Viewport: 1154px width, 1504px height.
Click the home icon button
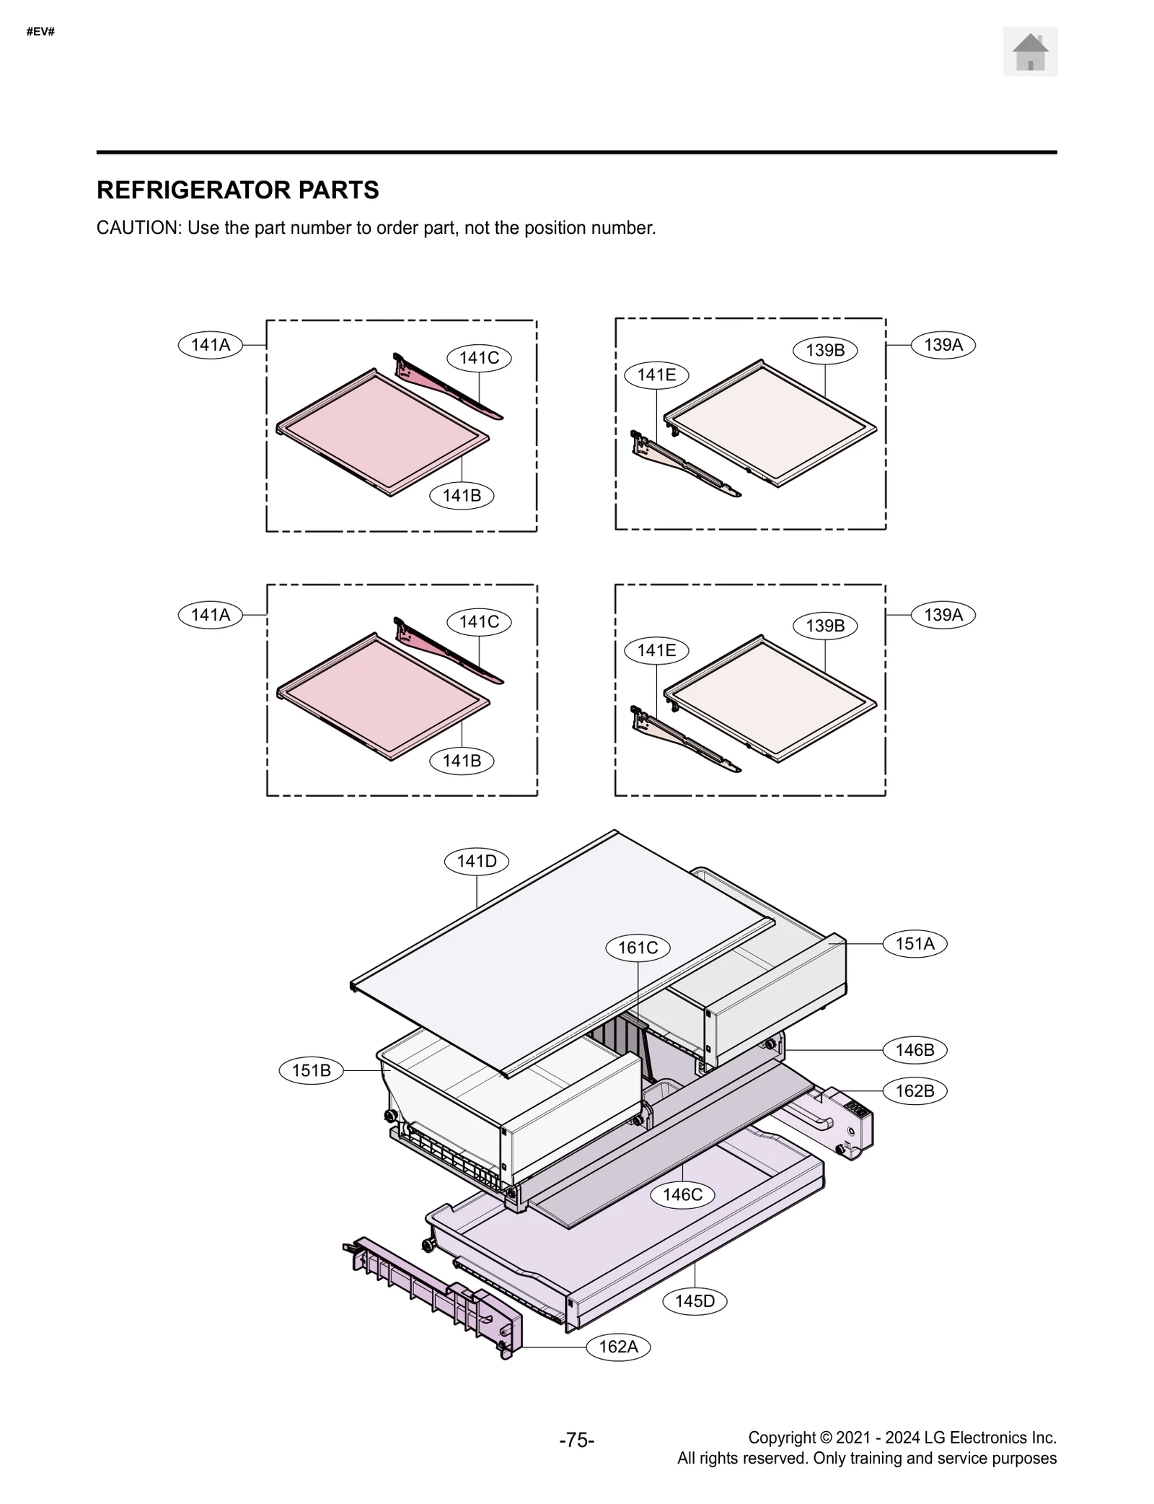1029,52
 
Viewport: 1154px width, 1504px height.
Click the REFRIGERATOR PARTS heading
237,190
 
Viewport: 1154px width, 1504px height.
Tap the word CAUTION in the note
138,228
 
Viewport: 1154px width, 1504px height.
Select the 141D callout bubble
477,861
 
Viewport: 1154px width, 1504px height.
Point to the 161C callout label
638,948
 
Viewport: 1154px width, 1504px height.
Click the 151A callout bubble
914,943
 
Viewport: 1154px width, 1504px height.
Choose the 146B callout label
914,1050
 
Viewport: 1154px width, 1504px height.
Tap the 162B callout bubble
914,1090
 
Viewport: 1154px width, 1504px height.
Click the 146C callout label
682,1194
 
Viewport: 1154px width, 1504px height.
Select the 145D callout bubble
695,1301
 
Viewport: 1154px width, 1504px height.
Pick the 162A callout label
618,1347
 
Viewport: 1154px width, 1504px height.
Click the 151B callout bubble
311,1070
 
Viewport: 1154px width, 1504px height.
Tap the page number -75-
576,1440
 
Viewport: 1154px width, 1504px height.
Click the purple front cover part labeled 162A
433,1292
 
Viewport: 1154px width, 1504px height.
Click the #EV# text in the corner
40,32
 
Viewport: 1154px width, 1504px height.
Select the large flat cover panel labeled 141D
548,953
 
